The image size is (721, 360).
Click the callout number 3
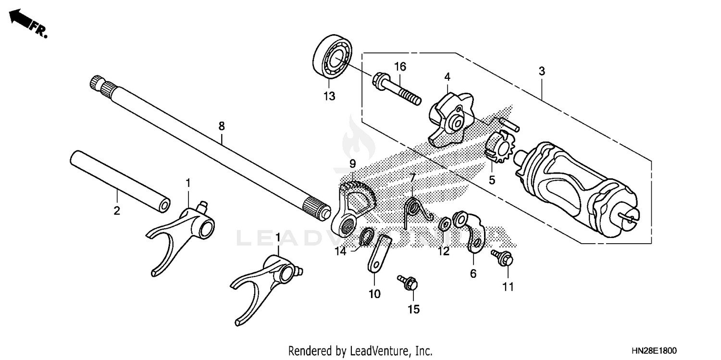[541, 71]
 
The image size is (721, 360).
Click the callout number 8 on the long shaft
[221, 126]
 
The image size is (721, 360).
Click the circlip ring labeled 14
[367, 237]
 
